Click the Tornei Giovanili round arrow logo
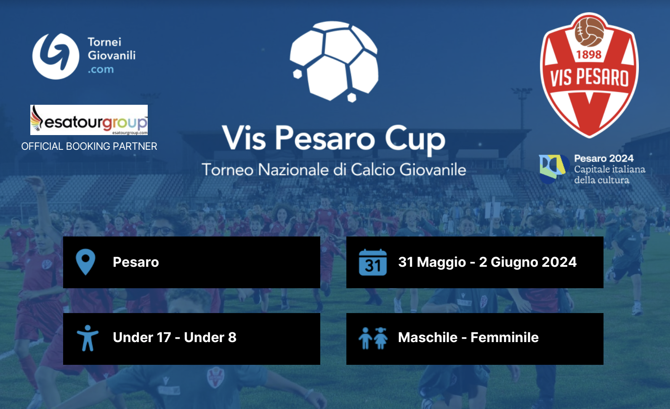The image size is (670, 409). [56, 56]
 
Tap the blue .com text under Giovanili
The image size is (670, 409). [101, 69]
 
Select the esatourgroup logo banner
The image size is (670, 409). [89, 120]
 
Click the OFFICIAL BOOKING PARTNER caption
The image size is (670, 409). [89, 146]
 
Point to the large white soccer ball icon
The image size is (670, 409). [334, 61]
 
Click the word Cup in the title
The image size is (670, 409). [415, 139]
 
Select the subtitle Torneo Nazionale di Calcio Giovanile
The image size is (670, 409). [334, 170]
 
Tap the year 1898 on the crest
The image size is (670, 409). [589, 55]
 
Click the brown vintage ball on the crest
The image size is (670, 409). [589, 32]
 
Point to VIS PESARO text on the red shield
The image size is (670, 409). [589, 77]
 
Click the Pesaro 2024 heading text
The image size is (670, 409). [604, 158]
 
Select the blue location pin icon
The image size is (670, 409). [85, 262]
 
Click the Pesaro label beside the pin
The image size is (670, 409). [136, 262]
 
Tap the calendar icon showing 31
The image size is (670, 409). [373, 262]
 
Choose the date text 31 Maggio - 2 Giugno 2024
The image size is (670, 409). [487, 262]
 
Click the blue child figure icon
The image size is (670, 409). [88, 338]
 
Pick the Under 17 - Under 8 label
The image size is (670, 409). [175, 337]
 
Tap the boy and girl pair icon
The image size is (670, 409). [373, 338]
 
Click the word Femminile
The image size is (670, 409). [505, 337]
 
